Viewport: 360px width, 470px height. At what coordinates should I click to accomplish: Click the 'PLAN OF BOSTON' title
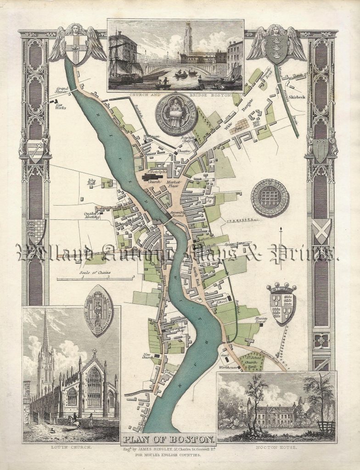(167, 438)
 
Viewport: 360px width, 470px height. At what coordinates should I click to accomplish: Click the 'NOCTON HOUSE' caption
(276, 446)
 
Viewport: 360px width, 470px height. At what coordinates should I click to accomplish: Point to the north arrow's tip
(281, 228)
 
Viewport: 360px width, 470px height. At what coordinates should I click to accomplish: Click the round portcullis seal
(270, 198)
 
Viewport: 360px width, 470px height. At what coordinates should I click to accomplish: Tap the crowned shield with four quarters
(281, 303)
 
